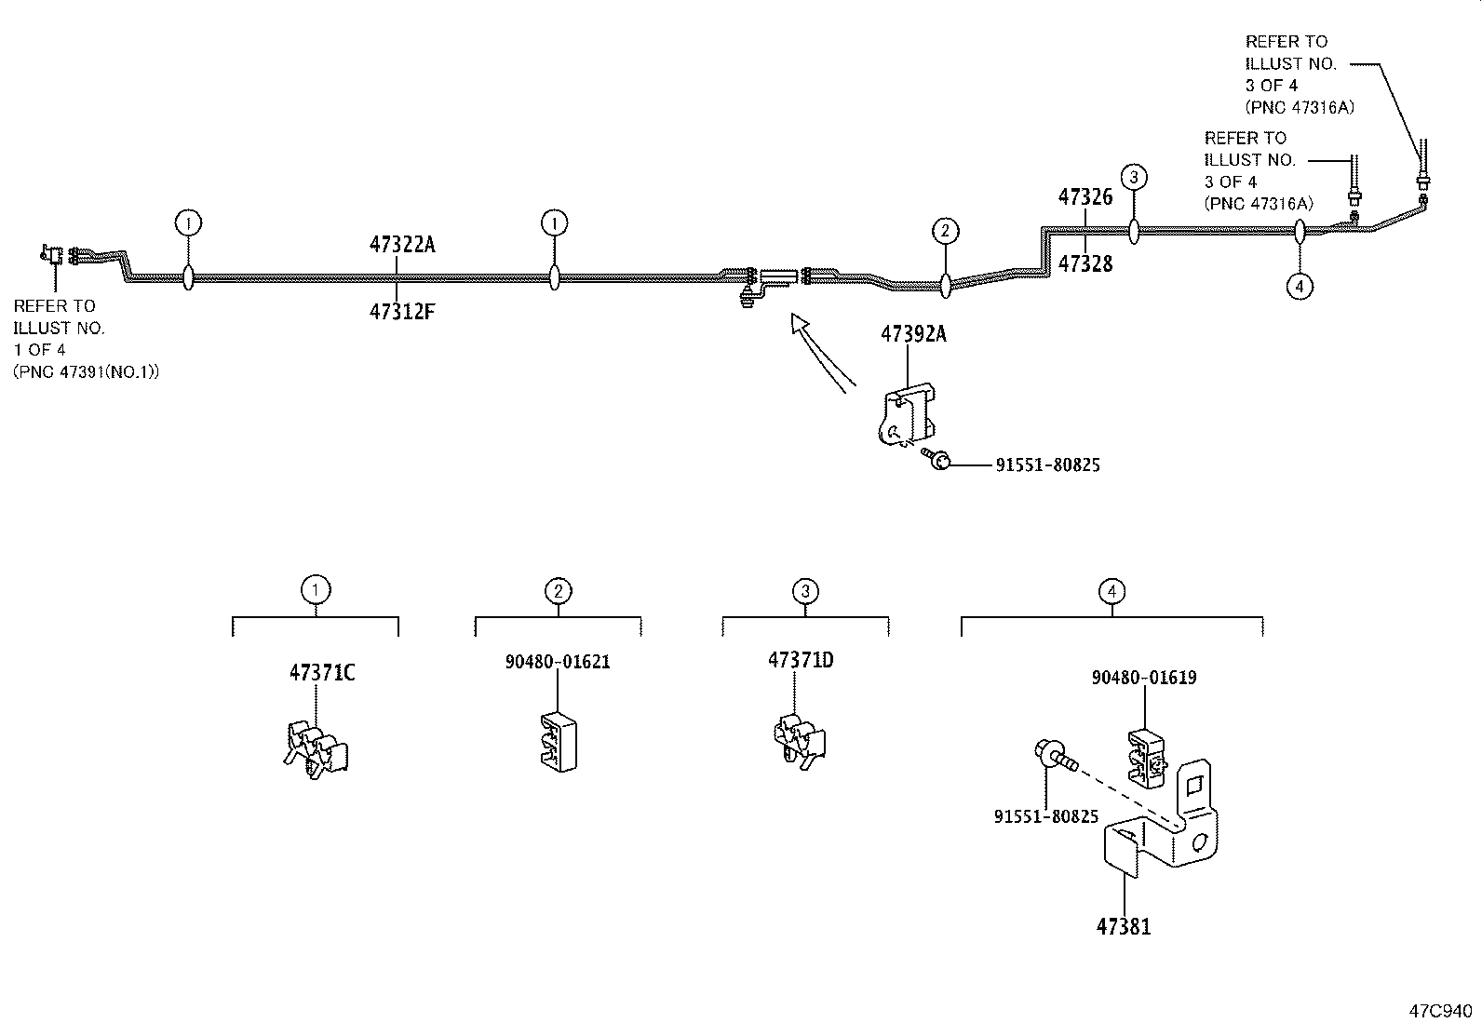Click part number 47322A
click(x=402, y=245)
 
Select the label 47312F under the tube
click(x=402, y=312)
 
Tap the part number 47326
click(x=1085, y=197)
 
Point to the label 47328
click(x=1085, y=263)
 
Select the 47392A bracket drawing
click(x=906, y=416)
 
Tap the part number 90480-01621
click(x=558, y=663)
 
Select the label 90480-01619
click(x=1144, y=678)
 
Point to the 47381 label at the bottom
click(x=1124, y=927)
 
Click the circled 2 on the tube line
click(x=945, y=231)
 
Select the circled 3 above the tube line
click(x=1133, y=177)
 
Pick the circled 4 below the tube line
click(x=1300, y=286)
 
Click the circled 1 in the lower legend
click(x=316, y=589)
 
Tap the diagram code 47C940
click(x=1440, y=1010)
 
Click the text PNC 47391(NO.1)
click(x=87, y=371)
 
